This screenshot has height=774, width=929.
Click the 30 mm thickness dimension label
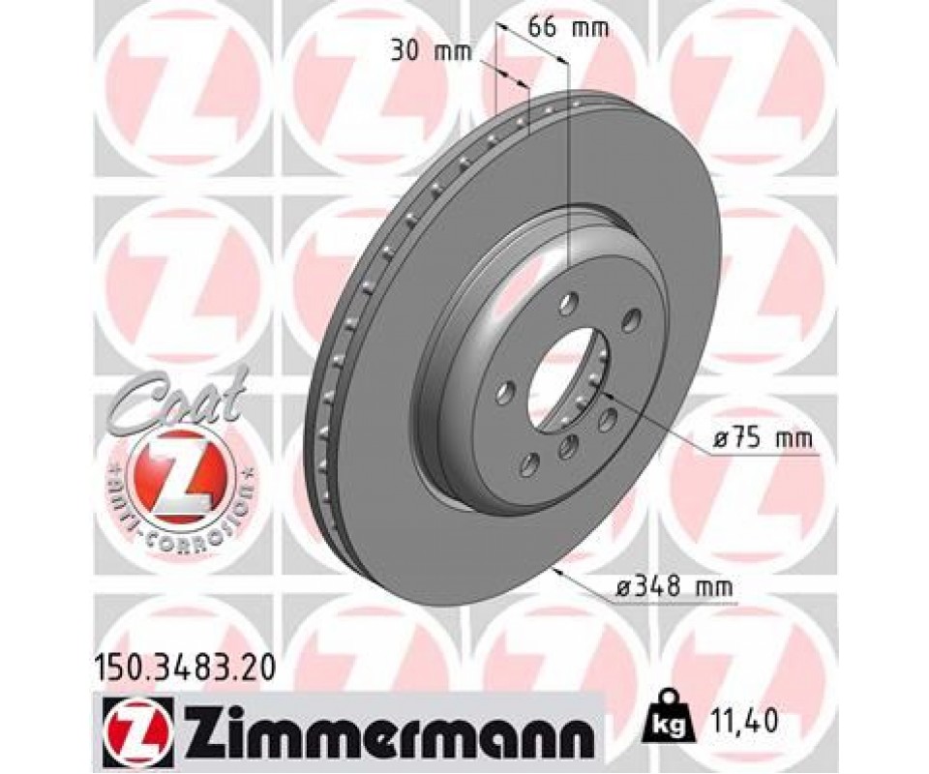(x=431, y=52)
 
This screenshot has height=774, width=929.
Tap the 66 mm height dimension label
(x=568, y=27)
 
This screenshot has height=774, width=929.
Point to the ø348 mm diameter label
(x=674, y=355)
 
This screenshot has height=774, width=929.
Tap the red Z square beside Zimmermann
(x=135, y=724)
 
